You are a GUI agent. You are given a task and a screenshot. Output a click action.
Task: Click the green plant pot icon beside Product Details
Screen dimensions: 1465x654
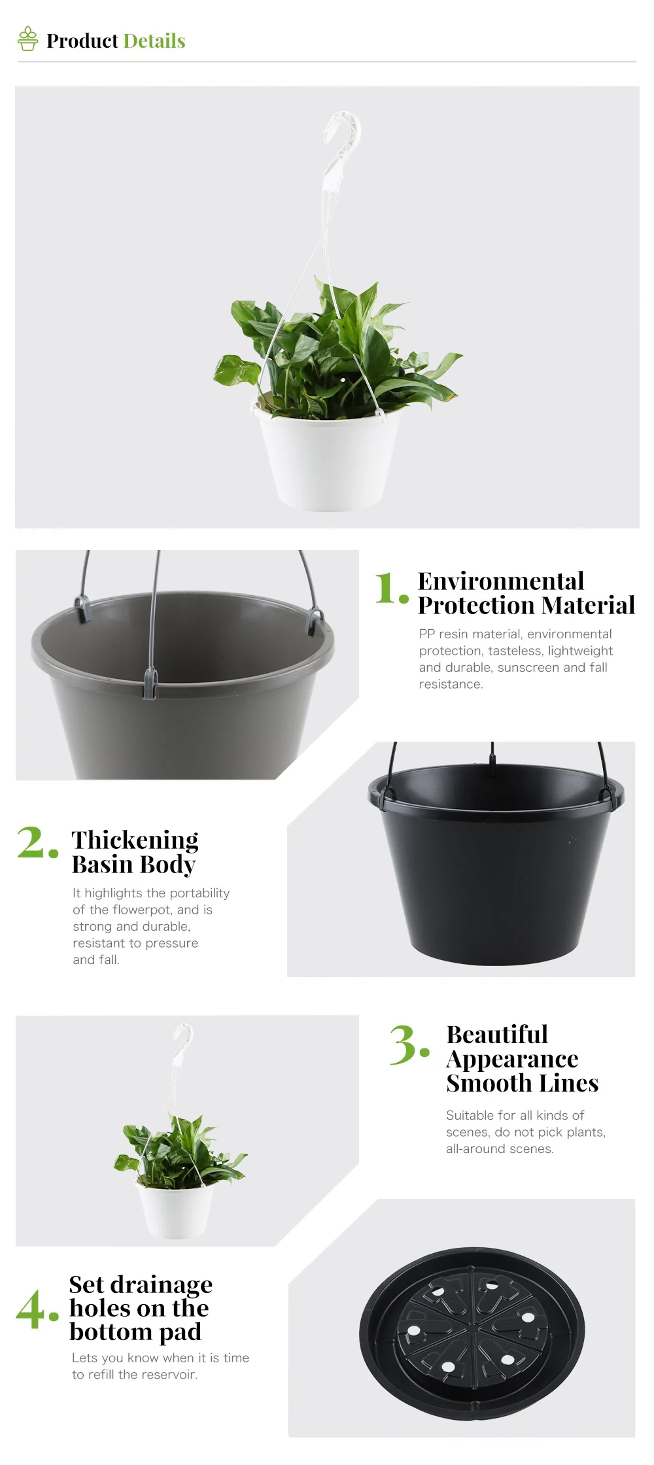point(27,39)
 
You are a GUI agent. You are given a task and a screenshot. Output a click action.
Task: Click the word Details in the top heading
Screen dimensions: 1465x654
point(154,41)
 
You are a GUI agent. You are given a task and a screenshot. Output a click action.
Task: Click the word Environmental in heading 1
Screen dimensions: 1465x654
point(500,581)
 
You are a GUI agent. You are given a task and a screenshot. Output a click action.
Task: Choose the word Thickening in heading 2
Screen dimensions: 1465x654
point(135,840)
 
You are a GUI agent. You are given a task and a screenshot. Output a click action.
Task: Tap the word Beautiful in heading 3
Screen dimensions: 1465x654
point(497,1034)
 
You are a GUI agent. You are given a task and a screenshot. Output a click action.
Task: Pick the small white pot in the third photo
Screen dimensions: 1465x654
point(175,1210)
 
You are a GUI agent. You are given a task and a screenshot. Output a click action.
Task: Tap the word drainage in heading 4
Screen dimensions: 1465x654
point(161,1284)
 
